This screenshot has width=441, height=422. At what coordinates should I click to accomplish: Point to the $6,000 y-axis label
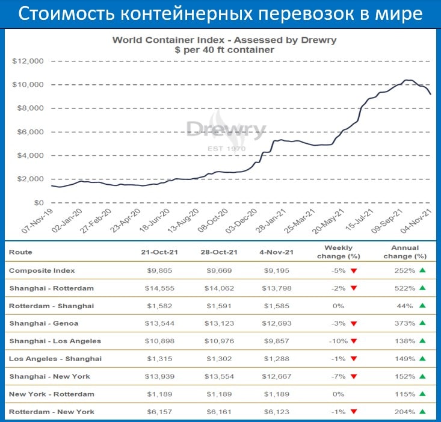(x=30, y=132)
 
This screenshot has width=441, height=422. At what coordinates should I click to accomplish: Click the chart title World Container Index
(x=224, y=40)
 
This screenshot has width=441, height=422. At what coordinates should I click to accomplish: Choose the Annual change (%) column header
(x=404, y=252)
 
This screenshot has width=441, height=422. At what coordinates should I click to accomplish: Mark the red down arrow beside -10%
(x=354, y=341)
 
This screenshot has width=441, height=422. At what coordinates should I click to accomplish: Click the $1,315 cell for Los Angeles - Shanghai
(x=159, y=359)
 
